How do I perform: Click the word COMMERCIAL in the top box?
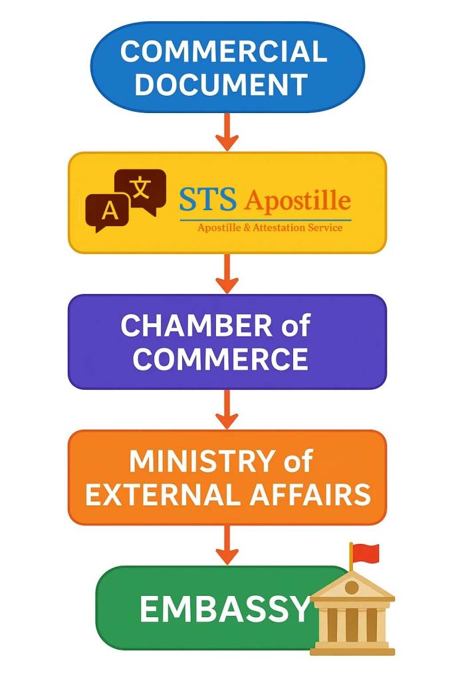[x=223, y=51]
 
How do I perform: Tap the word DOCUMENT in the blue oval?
[x=221, y=84]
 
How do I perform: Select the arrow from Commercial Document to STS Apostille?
[x=227, y=132]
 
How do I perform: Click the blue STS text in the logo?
[x=208, y=199]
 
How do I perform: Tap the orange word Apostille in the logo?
[x=297, y=200]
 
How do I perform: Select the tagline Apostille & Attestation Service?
[x=270, y=227]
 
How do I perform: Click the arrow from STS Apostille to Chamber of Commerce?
[x=227, y=273]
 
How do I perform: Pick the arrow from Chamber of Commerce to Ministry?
[x=227, y=409]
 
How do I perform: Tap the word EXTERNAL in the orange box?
[x=164, y=494]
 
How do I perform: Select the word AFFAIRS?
[x=310, y=494]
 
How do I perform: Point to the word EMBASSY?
[x=225, y=609]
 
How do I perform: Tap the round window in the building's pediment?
[x=352, y=587]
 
